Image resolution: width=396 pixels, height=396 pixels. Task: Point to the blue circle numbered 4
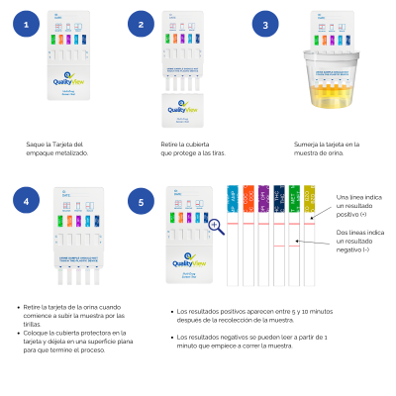coord(24,203)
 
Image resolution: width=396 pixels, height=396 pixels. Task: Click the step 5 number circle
coord(142,203)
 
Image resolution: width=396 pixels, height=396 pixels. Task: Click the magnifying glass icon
coord(216,228)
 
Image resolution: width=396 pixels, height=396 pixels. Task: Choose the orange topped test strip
coord(248,238)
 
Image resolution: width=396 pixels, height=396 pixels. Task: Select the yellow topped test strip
coord(309,238)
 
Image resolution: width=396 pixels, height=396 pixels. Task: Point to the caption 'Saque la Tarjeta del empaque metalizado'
coord(57,148)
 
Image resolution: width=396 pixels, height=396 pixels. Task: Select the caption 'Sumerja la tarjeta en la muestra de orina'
coord(327,148)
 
